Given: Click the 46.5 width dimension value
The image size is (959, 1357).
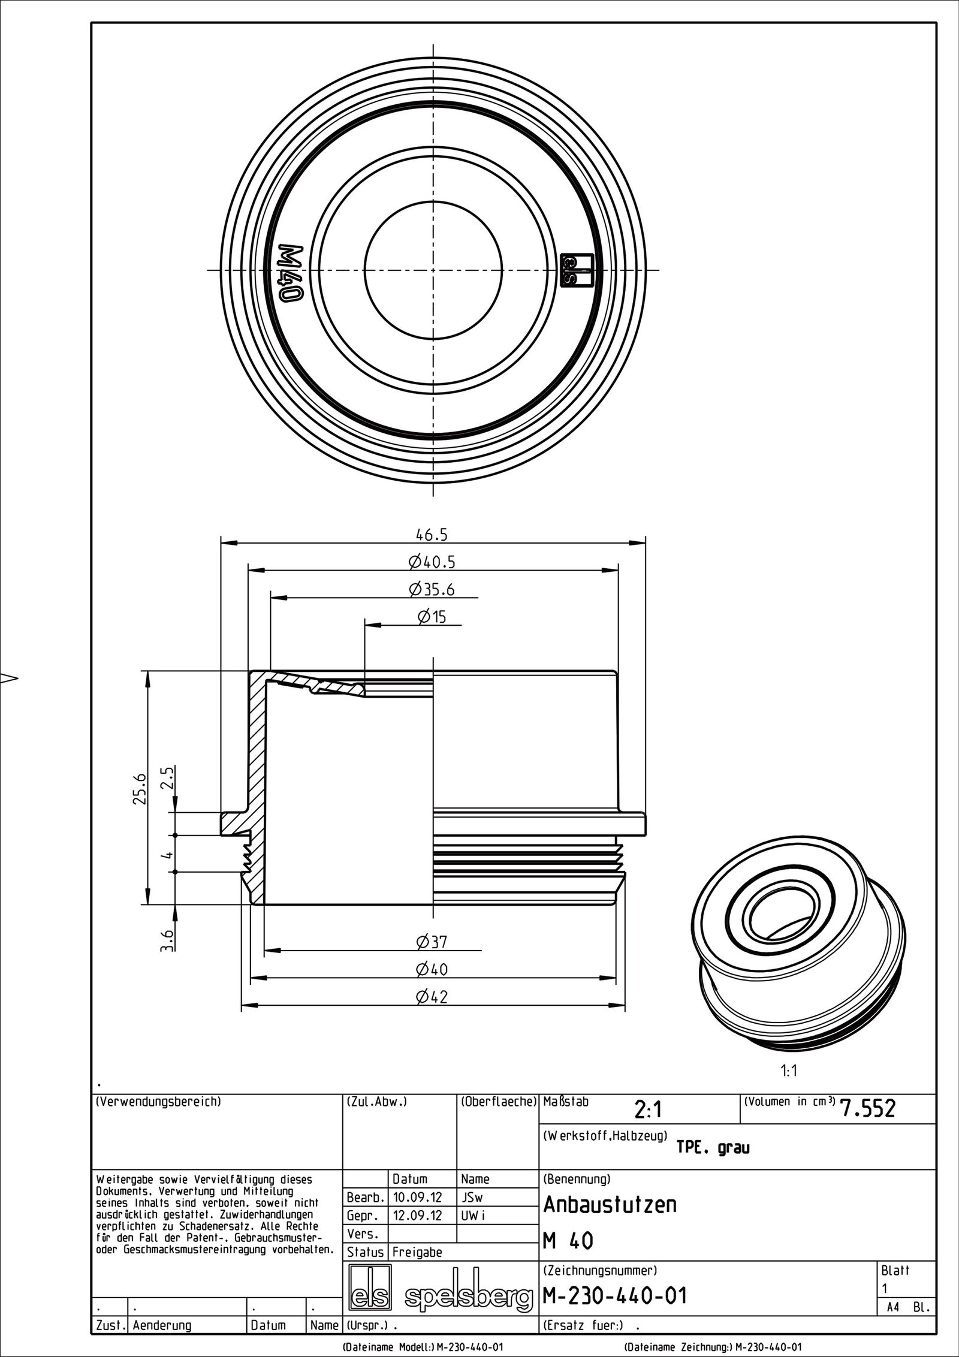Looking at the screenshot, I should (433, 534).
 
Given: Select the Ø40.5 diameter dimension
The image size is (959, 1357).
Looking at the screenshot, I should (432, 562).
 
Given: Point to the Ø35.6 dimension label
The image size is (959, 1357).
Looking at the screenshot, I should (432, 590).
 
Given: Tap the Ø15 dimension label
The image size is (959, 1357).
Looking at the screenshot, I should (432, 617).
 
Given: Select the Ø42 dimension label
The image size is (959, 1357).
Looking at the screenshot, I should (432, 997).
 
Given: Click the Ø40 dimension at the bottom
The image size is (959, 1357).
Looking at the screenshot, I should (432, 969).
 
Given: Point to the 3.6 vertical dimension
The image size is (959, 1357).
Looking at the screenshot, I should (169, 940).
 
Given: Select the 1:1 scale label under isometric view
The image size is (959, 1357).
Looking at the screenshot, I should (789, 1070).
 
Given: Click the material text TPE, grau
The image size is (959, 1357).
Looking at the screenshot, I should (713, 1148).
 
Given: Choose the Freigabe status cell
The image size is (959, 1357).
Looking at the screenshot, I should (417, 1252).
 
